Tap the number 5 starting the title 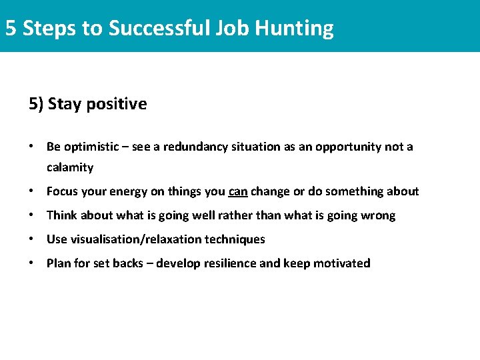(x=11, y=28)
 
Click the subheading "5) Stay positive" (x=87, y=104)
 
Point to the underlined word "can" (x=238, y=192)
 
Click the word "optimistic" (x=91, y=147)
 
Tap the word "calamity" (x=69, y=167)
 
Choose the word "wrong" (x=379, y=215)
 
